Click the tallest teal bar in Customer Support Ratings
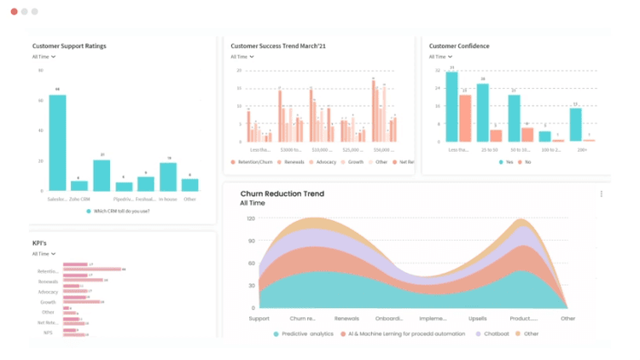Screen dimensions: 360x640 (x=57, y=142)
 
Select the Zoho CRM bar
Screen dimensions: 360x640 (x=79, y=185)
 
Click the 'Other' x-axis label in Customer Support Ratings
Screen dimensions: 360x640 (x=189, y=199)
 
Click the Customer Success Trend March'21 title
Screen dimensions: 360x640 (x=278, y=46)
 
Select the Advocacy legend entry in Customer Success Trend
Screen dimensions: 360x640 (x=323, y=161)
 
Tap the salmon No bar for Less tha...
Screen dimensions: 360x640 (x=465, y=118)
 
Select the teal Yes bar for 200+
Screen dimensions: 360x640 (x=576, y=125)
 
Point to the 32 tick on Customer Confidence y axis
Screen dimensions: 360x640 (x=437, y=70)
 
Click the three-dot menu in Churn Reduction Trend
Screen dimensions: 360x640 (x=601, y=195)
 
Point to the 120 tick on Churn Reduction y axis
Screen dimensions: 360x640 (x=250, y=218)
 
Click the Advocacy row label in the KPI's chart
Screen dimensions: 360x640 (x=48, y=292)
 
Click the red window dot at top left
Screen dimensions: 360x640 (x=15, y=12)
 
